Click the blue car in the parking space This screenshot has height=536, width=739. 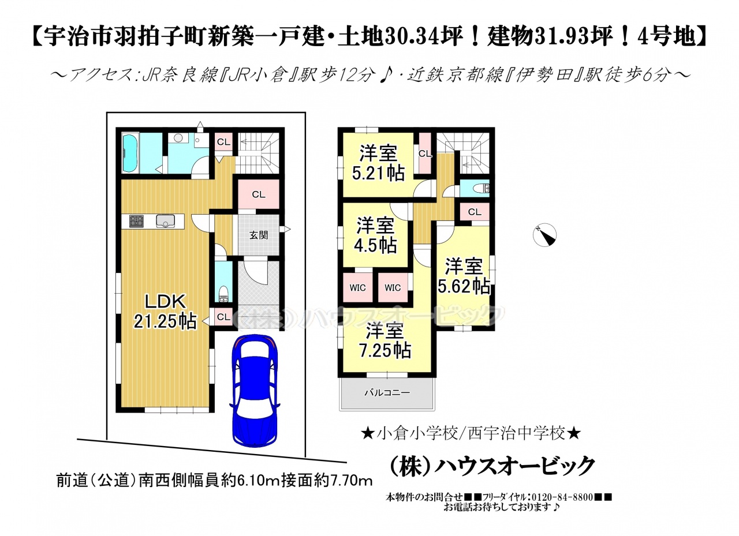255,391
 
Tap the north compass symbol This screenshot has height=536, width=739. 544,235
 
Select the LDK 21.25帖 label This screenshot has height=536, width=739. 165,311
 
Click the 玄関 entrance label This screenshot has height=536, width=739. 259,235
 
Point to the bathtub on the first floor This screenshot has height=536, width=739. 129,153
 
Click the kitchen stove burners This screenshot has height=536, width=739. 136,220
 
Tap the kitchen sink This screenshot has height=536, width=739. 165,220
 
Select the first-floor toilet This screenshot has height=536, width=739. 223,294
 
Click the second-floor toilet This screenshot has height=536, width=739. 480,189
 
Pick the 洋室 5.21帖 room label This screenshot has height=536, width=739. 378,163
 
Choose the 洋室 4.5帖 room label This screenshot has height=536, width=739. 375,235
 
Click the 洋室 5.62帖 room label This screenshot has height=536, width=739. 464,276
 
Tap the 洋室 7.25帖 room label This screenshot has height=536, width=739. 385,341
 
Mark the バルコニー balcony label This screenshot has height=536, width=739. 387,392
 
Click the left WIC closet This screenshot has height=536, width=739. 357,287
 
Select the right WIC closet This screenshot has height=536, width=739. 393,287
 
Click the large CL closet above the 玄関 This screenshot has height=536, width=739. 259,194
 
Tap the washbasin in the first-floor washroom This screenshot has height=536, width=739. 179,138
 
